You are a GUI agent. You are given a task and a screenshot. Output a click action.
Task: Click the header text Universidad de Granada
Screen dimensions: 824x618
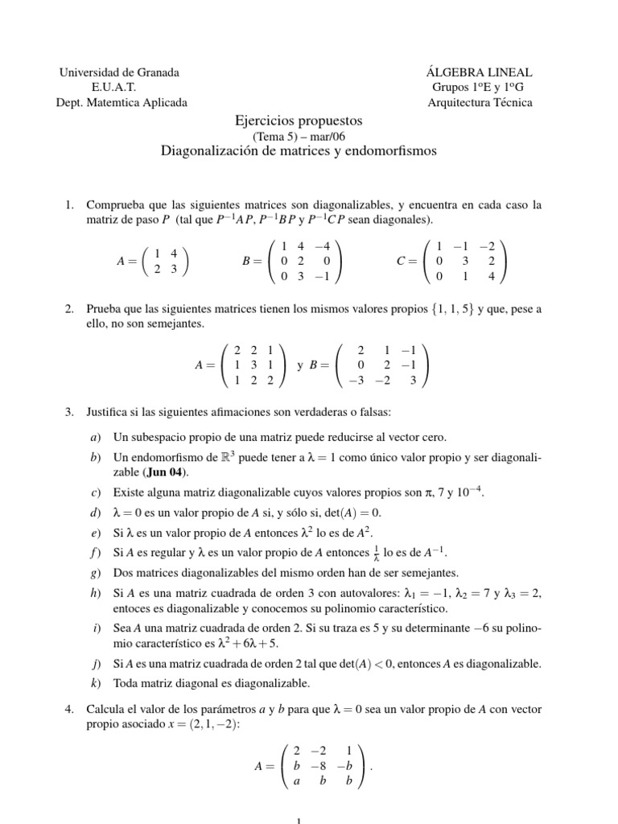tap(119, 72)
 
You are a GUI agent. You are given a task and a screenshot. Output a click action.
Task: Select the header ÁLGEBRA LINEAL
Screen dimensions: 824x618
tap(481, 72)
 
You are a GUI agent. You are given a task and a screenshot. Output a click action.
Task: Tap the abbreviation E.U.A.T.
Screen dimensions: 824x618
tap(119, 87)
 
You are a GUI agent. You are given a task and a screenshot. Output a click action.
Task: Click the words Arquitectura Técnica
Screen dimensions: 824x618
tap(480, 102)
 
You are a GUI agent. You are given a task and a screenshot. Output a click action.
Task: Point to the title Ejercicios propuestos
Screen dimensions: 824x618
tap(299, 120)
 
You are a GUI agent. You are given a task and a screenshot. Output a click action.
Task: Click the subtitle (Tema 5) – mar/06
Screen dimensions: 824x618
tap(299, 136)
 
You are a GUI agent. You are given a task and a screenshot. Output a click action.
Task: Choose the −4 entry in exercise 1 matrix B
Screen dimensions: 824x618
tap(322, 246)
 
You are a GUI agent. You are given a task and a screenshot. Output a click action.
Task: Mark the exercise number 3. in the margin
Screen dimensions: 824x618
tap(69, 413)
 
